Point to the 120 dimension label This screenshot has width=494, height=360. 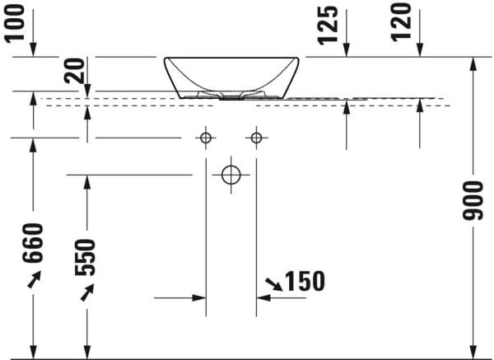401,22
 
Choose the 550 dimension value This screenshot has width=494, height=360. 86,257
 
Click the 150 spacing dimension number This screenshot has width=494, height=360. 305,282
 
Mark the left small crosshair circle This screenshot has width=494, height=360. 206,138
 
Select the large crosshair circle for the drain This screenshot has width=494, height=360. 231,175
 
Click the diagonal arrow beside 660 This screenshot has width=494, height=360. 33,282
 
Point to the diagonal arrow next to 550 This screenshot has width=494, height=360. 86,293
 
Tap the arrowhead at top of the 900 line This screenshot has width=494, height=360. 473,63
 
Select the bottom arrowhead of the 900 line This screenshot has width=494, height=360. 473,353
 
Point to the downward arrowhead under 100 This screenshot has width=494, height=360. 33,50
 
